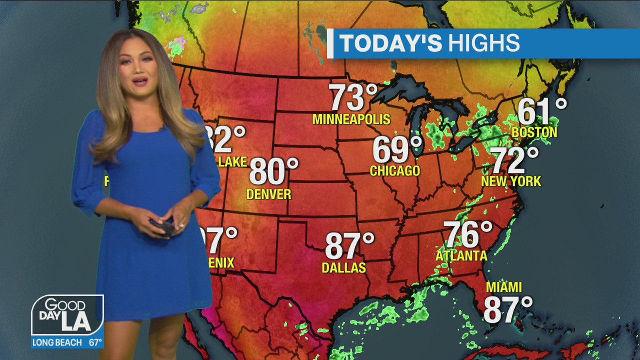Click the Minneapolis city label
point(351,119)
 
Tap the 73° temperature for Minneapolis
point(353,97)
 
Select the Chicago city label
point(394,171)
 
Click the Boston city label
point(534,132)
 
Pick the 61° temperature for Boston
point(541,111)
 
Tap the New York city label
point(511,181)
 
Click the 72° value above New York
point(515,160)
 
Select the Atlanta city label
point(461,256)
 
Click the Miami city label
point(504,287)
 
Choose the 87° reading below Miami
point(507,310)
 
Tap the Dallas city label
point(343,267)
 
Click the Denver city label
point(268,194)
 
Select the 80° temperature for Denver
point(273,171)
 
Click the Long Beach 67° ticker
point(67,342)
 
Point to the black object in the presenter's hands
point(162,226)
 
